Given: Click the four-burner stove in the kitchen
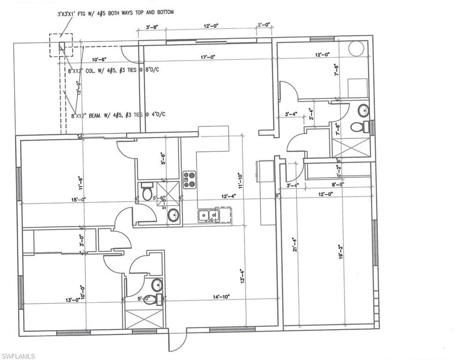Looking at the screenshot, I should point(189,179).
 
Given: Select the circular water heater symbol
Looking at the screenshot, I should point(356,49).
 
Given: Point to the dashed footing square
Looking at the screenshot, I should point(61,45).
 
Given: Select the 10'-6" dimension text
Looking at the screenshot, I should point(99,60).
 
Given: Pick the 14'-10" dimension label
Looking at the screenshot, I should point(221,296).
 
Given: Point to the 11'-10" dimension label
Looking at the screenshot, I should point(240,180).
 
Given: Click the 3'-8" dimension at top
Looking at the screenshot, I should point(152,28).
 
